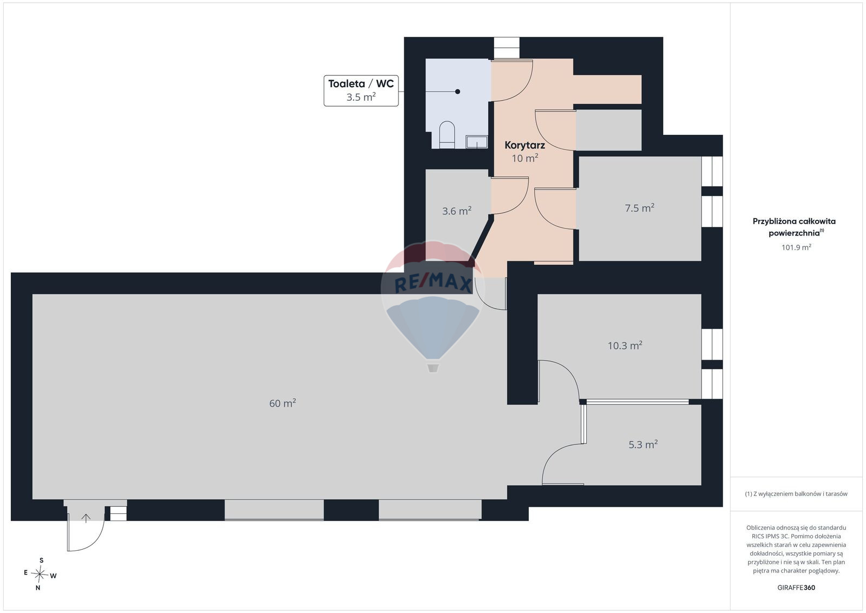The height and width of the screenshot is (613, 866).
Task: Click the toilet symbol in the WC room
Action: coord(447,135)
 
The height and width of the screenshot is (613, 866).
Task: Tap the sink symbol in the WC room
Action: coord(477,141)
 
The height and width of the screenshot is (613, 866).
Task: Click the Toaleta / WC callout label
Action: coord(361,90)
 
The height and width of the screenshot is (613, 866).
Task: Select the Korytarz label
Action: coord(524,146)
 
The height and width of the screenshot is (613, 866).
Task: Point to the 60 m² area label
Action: coord(283,403)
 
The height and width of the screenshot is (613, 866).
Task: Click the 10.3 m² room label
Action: coord(625,345)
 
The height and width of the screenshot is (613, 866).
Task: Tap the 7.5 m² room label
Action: coord(639,208)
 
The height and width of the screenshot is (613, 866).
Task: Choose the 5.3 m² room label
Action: coord(643,445)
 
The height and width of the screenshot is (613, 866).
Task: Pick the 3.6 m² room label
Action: coord(457,211)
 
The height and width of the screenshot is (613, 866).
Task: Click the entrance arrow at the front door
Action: coord(86,518)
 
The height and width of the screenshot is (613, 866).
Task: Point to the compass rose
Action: coord(40,574)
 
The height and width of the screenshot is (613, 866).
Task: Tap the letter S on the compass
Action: coord(41,560)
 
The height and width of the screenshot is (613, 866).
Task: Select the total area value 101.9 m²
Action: coord(796,247)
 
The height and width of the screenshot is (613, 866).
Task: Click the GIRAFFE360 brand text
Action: coord(796,588)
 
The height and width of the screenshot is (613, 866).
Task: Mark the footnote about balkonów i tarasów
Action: coord(796,493)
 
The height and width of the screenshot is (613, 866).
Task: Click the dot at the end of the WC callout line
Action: coord(457,92)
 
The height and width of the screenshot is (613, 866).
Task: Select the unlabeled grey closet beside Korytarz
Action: coord(608,130)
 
